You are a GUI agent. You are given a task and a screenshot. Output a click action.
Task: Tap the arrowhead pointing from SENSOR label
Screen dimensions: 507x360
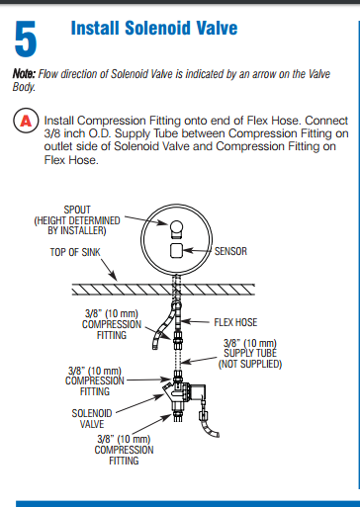[192, 252]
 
